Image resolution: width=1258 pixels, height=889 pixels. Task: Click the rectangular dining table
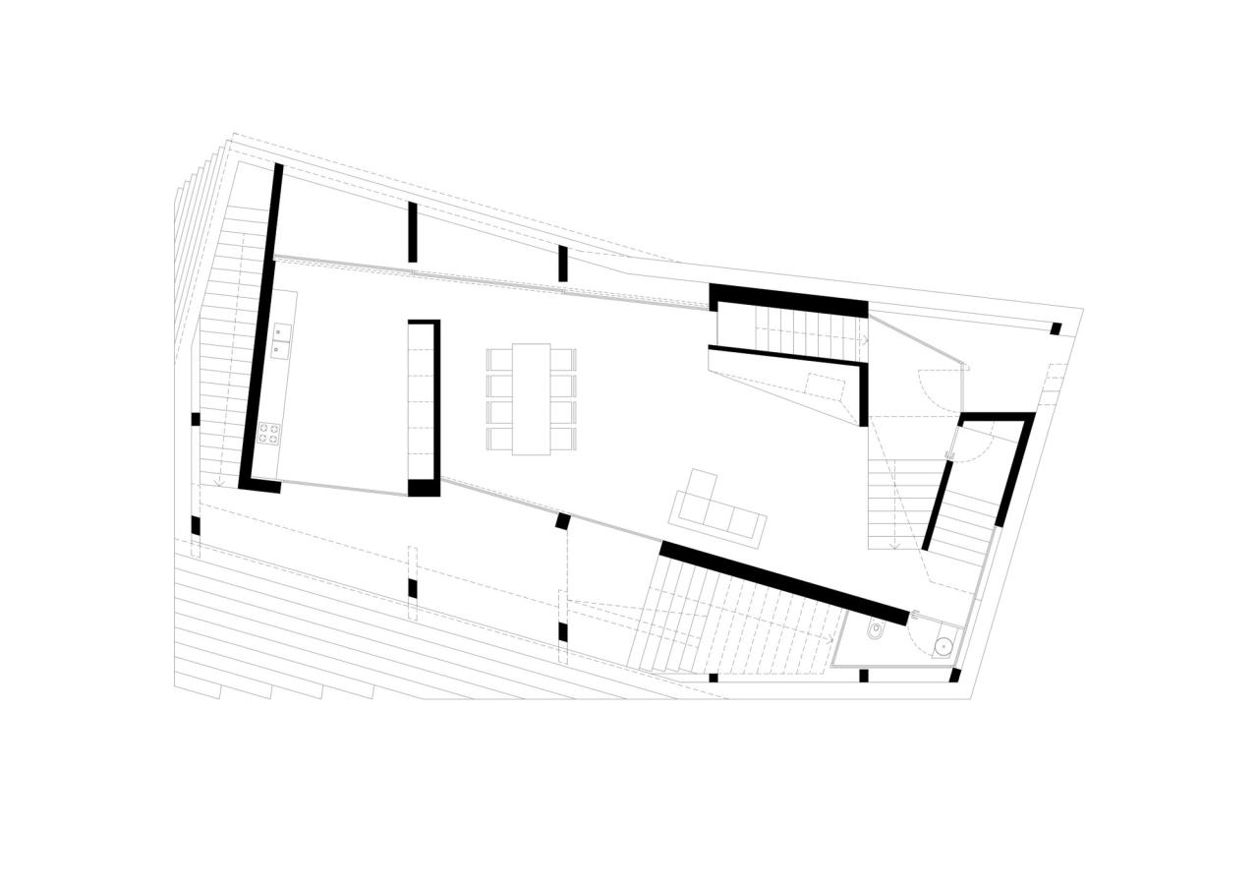click(531, 398)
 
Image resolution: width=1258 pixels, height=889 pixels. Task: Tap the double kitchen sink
click(281, 340)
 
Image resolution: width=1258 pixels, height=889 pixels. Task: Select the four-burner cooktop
click(268, 433)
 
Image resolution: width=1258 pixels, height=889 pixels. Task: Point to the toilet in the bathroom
click(875, 629)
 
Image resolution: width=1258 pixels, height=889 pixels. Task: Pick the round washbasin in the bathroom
click(943, 646)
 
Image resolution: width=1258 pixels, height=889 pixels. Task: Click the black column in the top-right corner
click(1056, 328)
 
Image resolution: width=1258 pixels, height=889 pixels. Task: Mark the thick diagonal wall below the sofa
click(783, 582)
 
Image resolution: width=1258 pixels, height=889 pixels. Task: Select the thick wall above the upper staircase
click(788, 300)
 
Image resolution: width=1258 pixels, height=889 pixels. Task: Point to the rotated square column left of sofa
click(563, 521)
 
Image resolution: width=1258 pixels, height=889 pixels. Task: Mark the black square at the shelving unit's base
click(424, 488)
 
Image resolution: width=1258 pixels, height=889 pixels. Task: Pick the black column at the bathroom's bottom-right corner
click(954, 676)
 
